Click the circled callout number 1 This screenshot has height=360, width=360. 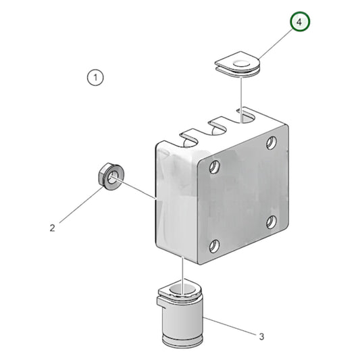click(96, 78)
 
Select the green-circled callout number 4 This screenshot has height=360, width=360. click(301, 22)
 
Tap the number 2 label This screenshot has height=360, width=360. click(53, 228)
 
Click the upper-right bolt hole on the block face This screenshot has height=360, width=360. click(270, 143)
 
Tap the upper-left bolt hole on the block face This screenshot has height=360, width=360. click(215, 165)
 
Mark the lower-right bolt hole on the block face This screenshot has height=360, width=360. click(270, 222)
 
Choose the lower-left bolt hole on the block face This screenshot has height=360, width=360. click(215, 246)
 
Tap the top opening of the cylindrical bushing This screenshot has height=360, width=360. click(179, 291)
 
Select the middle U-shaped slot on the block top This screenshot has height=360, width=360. click(217, 124)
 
